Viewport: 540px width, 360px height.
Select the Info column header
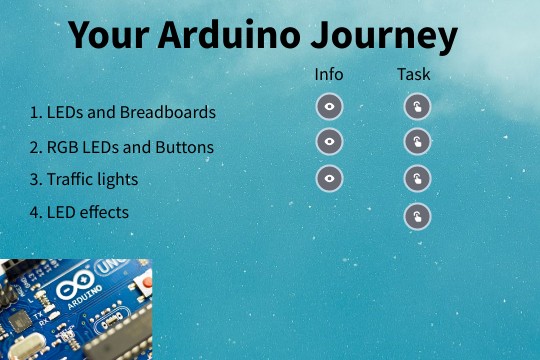329,74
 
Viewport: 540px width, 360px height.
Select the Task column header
414,74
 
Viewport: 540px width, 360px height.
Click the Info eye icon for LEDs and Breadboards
330,106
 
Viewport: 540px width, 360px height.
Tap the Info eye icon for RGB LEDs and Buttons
330,142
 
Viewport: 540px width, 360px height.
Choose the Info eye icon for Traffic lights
330,178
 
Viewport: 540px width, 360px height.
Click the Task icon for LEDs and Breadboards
417,107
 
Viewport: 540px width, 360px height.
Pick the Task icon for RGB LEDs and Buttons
417,142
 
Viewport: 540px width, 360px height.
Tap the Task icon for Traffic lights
417,179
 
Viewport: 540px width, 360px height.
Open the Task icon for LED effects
417,216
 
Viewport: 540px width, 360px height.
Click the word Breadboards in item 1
168,112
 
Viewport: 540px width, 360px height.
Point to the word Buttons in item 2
184,148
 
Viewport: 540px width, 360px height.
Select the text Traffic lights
92,180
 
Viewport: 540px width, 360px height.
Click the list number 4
34,212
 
